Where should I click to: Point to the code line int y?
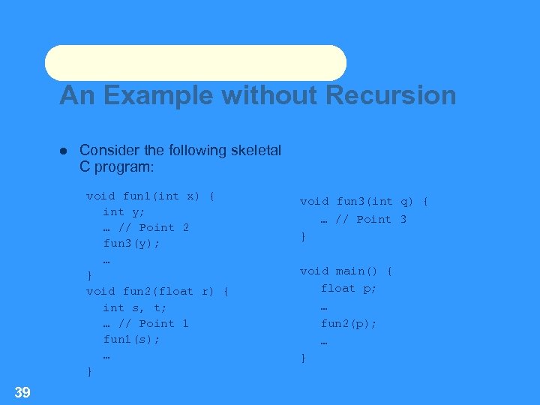click(x=124, y=211)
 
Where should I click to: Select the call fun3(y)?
click(x=131, y=244)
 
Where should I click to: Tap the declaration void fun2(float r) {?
click(x=157, y=291)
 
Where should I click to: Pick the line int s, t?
click(x=135, y=307)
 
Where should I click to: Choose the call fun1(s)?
click(x=131, y=339)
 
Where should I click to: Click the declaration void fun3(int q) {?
click(x=364, y=201)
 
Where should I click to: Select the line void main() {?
click(x=346, y=271)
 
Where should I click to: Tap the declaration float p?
click(x=349, y=288)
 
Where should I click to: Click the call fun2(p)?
click(x=349, y=323)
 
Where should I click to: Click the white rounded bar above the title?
click(x=196, y=63)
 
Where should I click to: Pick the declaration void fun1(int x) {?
click(x=150, y=196)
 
